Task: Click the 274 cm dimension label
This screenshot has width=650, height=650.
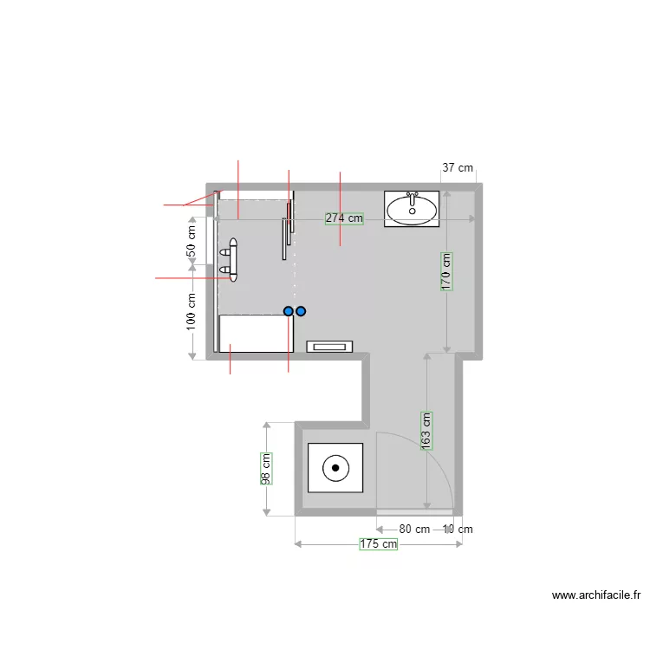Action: click(344, 218)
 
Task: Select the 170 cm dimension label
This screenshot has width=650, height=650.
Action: click(446, 271)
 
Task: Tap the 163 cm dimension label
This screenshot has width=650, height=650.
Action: click(426, 431)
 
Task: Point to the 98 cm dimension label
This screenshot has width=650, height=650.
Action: click(266, 469)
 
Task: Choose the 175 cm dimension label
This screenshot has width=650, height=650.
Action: click(379, 544)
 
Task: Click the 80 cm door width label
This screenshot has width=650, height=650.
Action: click(414, 530)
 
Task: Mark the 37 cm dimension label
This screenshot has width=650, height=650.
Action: click(458, 168)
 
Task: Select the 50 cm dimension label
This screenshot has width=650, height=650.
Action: click(191, 241)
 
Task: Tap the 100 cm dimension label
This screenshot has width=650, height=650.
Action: click(191, 312)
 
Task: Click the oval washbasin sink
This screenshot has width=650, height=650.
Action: click(412, 211)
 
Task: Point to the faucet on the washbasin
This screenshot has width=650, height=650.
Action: click(412, 199)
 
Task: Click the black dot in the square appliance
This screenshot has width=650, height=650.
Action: click(335, 468)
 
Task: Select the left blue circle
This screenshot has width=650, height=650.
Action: click(289, 311)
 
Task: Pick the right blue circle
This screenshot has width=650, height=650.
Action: click(301, 311)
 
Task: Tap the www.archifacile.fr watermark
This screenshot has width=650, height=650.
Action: click(596, 595)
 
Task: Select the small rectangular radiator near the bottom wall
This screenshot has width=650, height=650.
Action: click(329, 347)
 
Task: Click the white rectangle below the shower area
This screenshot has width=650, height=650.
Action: click(257, 334)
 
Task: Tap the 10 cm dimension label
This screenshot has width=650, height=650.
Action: click(458, 530)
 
